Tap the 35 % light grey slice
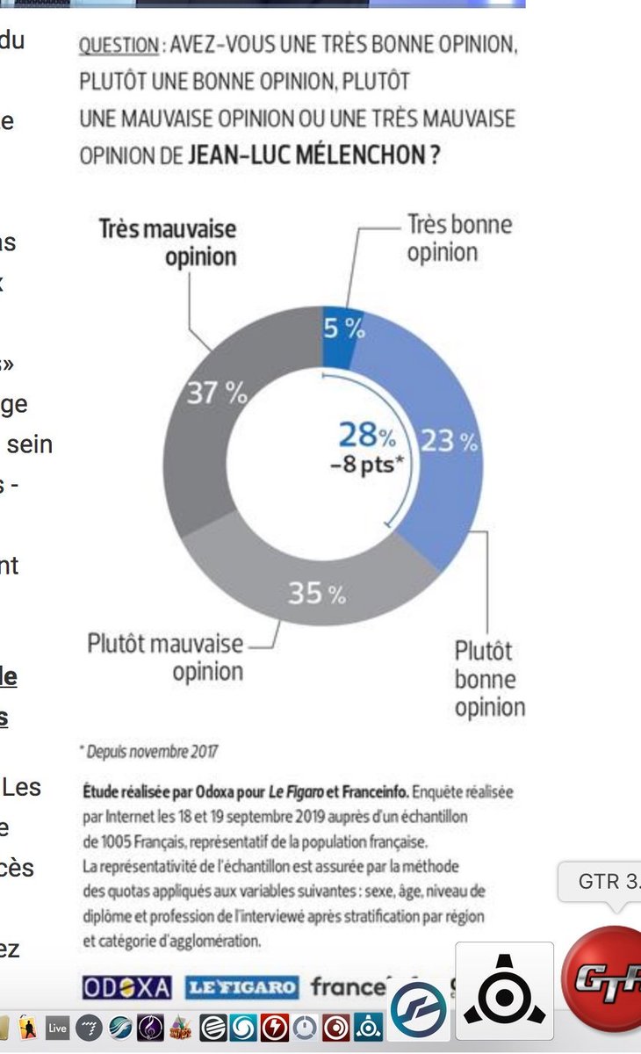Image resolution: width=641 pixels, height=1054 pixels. [317, 594]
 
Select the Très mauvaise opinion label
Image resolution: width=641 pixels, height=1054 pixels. [167, 242]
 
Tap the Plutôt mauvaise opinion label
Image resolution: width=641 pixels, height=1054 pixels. [165, 657]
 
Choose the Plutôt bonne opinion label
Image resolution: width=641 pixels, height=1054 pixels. [487, 679]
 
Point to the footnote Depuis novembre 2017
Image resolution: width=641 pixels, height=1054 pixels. [149, 752]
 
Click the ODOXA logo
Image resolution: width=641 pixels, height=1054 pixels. [126, 987]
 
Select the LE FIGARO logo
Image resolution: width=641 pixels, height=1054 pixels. [241, 987]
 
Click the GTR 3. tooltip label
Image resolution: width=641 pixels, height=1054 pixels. [606, 881]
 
